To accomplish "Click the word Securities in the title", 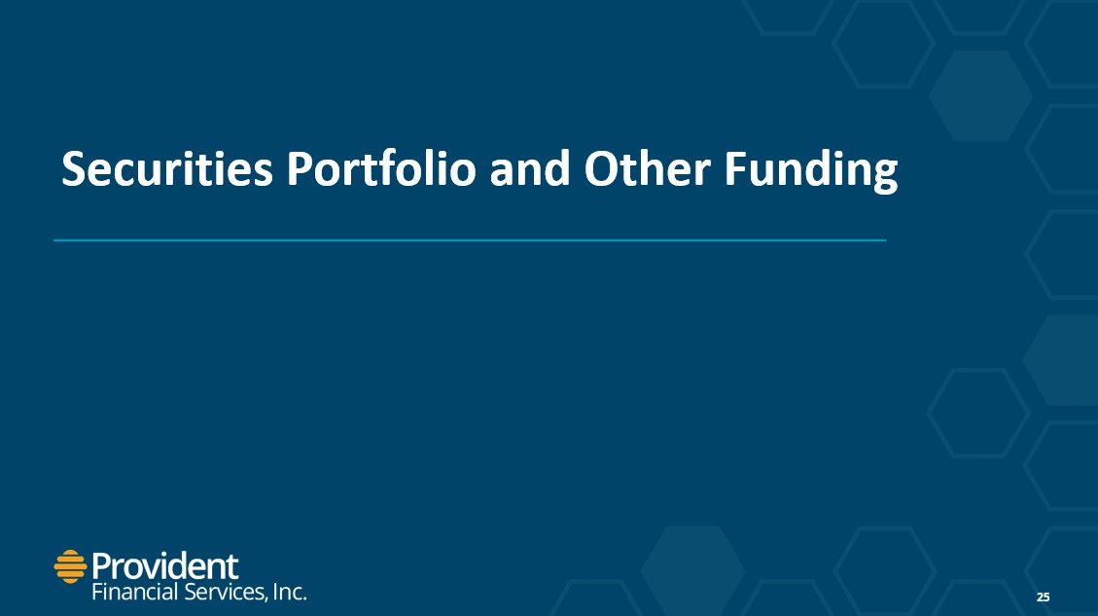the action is point(167,169).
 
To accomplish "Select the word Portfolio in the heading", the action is point(381,169).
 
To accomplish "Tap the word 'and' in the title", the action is point(530,169).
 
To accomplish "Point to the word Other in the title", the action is point(648,169).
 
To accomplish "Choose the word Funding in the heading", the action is point(811,171).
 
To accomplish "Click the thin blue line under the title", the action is point(470,240).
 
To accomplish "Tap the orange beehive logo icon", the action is point(70,566).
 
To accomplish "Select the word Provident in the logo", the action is point(165,565).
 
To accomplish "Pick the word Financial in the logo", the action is point(135,593).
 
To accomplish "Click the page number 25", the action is point(1044,598).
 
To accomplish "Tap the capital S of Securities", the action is point(74,169).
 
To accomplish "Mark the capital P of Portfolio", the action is point(299,169).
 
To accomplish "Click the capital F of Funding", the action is point(734,169).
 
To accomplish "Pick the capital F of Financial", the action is point(97,593).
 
